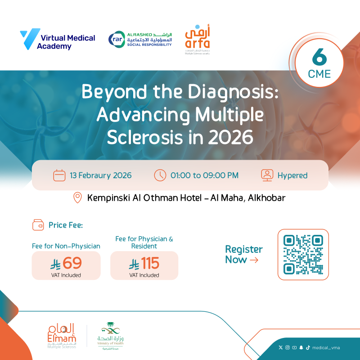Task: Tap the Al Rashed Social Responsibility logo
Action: [x=140, y=39]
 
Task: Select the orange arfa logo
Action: [x=198, y=39]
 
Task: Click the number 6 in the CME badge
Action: [x=319, y=58]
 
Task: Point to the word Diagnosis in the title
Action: [x=234, y=92]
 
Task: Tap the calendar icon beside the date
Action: [x=59, y=175]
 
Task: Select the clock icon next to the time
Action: [x=160, y=175]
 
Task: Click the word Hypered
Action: [x=292, y=175]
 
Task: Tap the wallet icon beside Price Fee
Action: [x=38, y=225]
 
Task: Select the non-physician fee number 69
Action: [x=72, y=263]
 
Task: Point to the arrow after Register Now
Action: [x=254, y=260]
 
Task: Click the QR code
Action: [x=303, y=254]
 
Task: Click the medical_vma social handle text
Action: [x=327, y=347]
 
